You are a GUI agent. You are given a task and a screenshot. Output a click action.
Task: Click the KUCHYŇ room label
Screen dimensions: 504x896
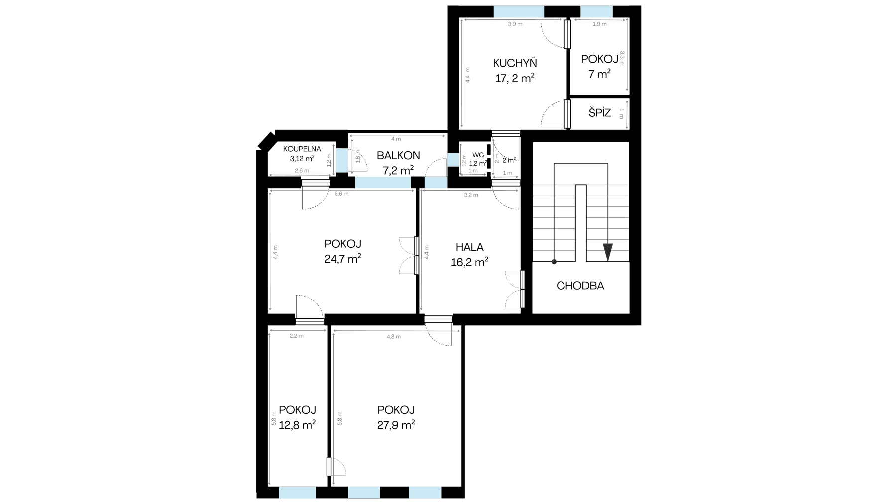click(x=515, y=63)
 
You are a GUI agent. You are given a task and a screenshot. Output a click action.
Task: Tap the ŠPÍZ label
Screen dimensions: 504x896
click(x=599, y=113)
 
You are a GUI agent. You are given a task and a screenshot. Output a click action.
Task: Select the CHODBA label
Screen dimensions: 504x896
click(x=580, y=286)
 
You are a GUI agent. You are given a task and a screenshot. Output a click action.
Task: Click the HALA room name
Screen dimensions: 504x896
click(x=469, y=247)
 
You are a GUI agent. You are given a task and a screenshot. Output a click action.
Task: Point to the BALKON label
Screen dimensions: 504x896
click(x=398, y=155)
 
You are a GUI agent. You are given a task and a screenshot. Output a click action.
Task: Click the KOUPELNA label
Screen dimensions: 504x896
click(x=302, y=149)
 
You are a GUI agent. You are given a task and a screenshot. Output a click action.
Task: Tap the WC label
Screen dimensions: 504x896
click(x=478, y=155)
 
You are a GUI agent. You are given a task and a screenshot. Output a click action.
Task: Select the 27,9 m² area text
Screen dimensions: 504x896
click(x=396, y=425)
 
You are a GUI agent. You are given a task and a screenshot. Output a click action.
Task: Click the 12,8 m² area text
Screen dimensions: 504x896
click(x=297, y=425)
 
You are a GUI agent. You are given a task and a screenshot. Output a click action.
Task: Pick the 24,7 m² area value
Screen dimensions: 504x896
click(x=342, y=259)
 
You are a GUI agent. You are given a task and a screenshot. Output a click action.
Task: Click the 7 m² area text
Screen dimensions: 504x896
click(x=599, y=74)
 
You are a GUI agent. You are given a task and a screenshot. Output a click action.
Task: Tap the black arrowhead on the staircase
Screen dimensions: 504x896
click(x=608, y=252)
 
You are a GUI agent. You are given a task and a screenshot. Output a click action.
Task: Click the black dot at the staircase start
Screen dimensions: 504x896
click(x=554, y=262)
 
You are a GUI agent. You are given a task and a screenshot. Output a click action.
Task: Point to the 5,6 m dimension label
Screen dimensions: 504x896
click(x=341, y=194)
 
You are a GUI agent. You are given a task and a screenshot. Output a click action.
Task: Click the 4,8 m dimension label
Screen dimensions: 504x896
click(x=393, y=337)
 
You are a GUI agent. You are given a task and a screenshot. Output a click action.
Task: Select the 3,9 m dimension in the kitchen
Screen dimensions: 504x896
click(x=515, y=24)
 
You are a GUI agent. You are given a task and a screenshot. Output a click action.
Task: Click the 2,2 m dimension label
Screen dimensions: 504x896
click(x=296, y=336)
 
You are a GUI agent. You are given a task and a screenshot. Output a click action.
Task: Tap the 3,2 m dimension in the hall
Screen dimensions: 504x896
click(x=471, y=195)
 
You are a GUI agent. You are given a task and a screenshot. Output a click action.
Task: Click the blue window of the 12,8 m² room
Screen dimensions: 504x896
click(x=297, y=493)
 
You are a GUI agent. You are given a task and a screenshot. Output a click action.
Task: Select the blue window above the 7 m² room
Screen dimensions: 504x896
click(x=596, y=11)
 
